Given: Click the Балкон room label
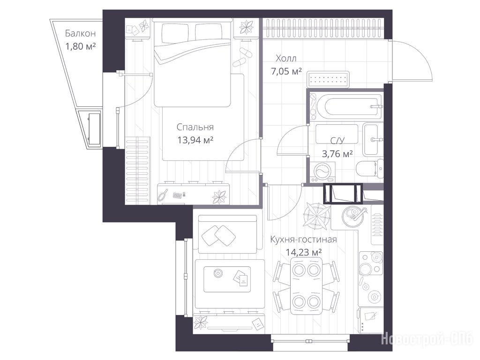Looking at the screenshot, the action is [x=80, y=33].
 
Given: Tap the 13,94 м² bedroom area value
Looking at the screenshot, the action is [x=195, y=140].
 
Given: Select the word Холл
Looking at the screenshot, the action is [x=286, y=58].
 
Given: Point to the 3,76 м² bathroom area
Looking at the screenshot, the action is [x=337, y=153].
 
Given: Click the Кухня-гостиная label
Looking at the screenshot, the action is [x=303, y=239].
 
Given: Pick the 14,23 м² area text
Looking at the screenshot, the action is [x=303, y=252].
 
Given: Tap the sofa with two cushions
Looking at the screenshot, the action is [x=227, y=234].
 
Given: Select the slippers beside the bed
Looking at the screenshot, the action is [x=242, y=57].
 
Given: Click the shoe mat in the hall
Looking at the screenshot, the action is [x=328, y=80].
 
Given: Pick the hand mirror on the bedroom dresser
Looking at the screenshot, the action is [x=163, y=195].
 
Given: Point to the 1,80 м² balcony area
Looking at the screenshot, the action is [x=81, y=46].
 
